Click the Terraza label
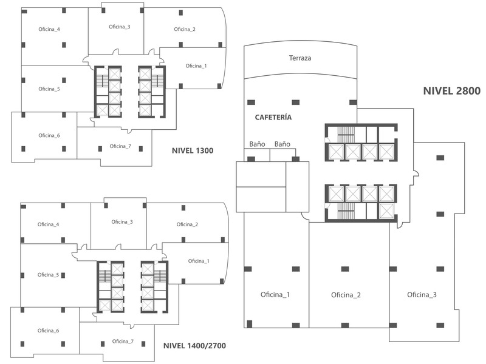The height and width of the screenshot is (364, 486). [300, 58]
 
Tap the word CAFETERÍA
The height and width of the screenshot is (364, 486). [273, 117]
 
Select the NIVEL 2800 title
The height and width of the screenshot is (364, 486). [452, 92]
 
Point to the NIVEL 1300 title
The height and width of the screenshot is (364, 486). [193, 150]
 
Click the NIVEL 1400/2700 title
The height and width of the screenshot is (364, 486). [194, 346]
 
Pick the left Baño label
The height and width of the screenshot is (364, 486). [258, 144]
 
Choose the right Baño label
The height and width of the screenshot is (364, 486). [282, 144]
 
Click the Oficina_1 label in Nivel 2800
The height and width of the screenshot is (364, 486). [275, 295]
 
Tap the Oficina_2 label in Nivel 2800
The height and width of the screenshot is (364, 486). [346, 295]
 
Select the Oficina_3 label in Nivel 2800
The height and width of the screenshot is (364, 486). [422, 295]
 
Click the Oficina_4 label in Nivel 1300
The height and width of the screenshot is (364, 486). [49, 29]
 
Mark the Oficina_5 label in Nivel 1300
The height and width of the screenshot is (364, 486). [49, 89]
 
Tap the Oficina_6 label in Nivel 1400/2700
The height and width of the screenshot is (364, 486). [49, 331]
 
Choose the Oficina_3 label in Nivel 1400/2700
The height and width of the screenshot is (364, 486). [122, 221]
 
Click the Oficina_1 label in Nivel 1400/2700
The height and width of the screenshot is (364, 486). [199, 261]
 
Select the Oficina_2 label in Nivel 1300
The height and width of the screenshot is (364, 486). [184, 29]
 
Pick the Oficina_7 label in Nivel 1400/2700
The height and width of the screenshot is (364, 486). [123, 341]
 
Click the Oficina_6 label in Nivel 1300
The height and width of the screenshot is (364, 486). [49, 135]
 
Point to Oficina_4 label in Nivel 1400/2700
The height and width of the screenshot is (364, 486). [49, 224]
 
